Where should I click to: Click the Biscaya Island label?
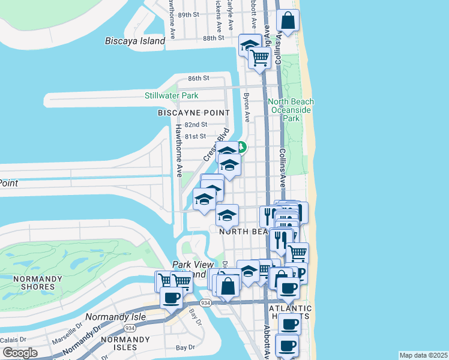tap(134, 41)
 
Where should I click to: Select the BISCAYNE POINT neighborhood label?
tap(193, 113)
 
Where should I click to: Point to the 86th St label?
tap(198, 79)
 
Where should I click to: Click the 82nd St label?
tap(196, 125)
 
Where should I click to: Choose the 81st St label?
tap(196, 137)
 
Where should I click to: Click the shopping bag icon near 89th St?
tap(288, 21)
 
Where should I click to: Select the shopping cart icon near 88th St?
tap(259, 58)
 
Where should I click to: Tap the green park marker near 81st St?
tap(241, 146)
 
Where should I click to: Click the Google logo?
tap(20, 353)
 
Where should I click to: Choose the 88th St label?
tap(213, 37)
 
